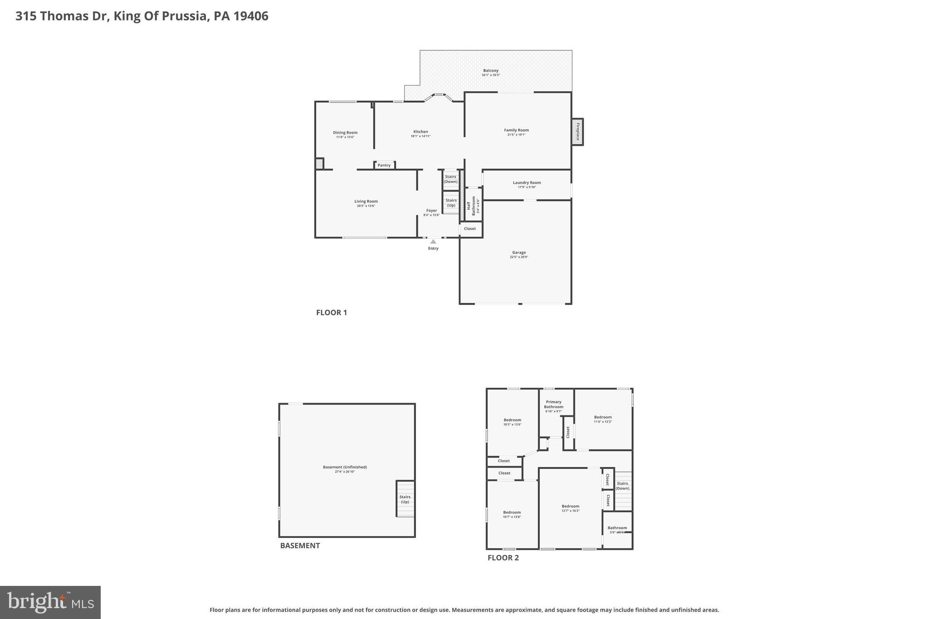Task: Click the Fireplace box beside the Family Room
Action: pos(577,132)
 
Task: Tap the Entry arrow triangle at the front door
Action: pos(433,242)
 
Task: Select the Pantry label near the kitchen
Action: pos(384,165)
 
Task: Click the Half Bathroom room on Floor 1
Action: pos(473,205)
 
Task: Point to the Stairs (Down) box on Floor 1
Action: pos(450,179)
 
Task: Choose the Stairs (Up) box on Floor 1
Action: pos(451,203)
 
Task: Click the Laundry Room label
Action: pos(527,183)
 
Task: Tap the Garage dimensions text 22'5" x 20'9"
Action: pos(519,257)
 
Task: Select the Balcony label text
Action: pos(491,71)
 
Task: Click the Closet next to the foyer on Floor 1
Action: pos(470,229)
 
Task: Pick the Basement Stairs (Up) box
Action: pos(405,499)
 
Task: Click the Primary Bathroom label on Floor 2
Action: pos(553,404)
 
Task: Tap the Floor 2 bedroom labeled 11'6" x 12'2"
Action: pos(603,419)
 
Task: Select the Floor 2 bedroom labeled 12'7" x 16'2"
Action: pos(570,508)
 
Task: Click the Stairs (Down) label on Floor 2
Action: pos(622,486)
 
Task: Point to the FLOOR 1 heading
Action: pos(332,312)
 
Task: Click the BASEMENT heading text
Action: pos(300,546)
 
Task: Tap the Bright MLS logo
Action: pos(50,602)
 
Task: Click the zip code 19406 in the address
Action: pos(251,16)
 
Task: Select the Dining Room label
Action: pos(345,133)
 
